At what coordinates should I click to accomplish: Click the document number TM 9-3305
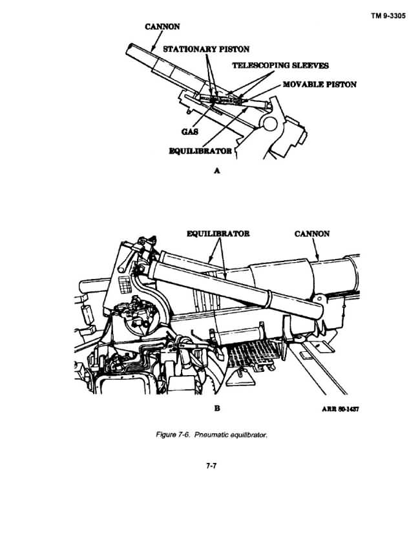click(x=388, y=16)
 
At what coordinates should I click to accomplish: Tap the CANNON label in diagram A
click(x=162, y=26)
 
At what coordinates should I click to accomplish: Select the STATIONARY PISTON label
click(x=206, y=49)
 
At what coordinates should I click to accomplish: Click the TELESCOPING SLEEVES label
click(x=280, y=65)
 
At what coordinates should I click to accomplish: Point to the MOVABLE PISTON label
click(x=319, y=85)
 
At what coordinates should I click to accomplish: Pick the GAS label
click(x=189, y=132)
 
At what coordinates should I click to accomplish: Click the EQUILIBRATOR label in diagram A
click(x=200, y=151)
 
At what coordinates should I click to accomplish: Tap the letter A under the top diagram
click(x=217, y=170)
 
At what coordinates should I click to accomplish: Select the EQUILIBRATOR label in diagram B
click(x=218, y=234)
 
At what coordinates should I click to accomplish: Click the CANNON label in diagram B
click(x=312, y=234)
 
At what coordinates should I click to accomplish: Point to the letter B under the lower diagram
click(x=217, y=408)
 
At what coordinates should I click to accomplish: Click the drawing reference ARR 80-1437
click(x=341, y=409)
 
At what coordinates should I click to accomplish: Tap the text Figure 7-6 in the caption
click(x=173, y=435)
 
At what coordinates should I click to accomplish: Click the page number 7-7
click(x=211, y=466)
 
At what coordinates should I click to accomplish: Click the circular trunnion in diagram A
click(x=270, y=123)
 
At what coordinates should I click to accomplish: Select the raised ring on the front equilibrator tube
click(x=269, y=298)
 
